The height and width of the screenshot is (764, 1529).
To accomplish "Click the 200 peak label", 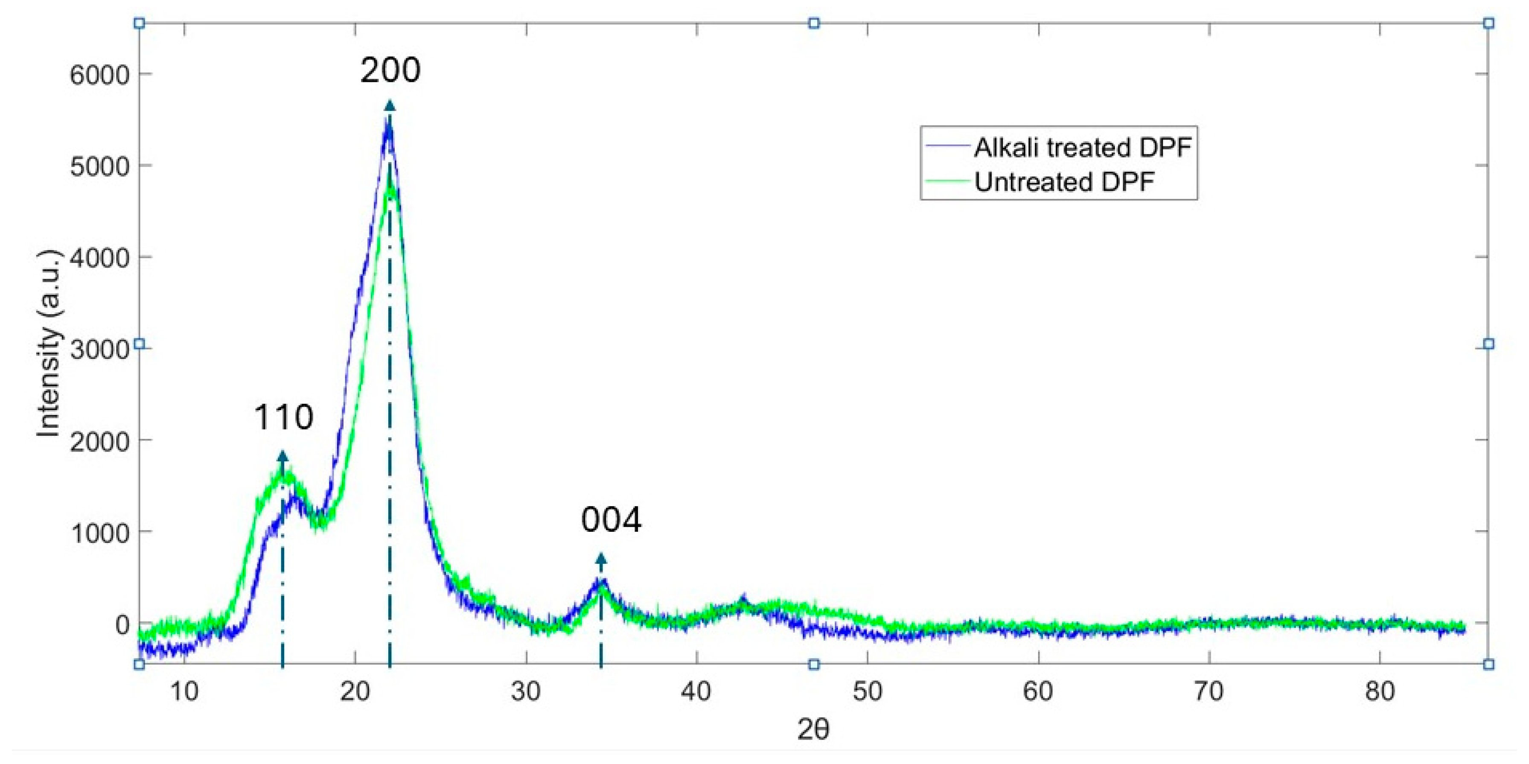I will tap(390, 70).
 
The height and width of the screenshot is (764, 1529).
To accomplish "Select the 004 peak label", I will tap(611, 520).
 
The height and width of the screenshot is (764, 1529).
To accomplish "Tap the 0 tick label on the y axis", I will tap(122, 624).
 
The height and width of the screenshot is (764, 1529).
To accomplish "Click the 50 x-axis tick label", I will tap(867, 691).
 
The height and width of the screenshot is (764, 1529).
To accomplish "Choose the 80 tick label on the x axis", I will tap(1379, 691).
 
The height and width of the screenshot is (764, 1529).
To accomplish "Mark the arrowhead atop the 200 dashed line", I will tap(389, 106).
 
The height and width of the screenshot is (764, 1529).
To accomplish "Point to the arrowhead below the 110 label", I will tap(283, 456).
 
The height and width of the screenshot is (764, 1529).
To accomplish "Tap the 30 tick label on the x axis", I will tap(526, 691).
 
